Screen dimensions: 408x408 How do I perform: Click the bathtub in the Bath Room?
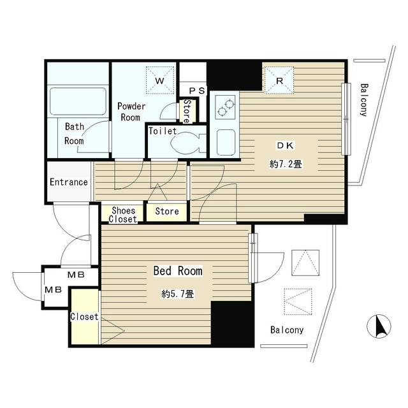click(x=78, y=101)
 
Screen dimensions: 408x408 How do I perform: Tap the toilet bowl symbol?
click(x=188, y=143)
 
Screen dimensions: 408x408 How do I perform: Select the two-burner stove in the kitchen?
click(x=225, y=107)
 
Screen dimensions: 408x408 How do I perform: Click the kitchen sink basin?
click(x=226, y=142)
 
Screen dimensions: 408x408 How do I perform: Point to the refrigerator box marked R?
click(x=279, y=80)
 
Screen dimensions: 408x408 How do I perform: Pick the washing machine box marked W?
click(x=160, y=80)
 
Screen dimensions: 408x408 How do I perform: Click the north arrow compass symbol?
click(x=379, y=326)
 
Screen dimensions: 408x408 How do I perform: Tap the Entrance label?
click(x=69, y=182)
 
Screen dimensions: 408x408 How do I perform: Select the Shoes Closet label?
click(x=123, y=215)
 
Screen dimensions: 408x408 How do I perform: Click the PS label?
click(x=197, y=91)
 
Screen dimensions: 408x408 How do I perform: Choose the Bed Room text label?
click(x=178, y=271)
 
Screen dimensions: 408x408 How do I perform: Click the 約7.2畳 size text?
click(x=286, y=164)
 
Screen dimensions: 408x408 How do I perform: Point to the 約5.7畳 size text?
click(x=178, y=294)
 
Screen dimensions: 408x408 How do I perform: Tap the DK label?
click(x=286, y=145)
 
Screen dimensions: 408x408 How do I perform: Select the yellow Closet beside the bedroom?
click(x=85, y=316)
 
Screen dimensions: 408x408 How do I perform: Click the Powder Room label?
click(x=131, y=112)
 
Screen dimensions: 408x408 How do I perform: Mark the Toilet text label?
click(x=163, y=131)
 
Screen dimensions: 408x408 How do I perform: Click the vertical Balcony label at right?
click(x=364, y=100)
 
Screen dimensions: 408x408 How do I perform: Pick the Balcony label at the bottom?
click(x=287, y=330)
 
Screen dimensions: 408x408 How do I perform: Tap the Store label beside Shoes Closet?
click(x=167, y=211)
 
